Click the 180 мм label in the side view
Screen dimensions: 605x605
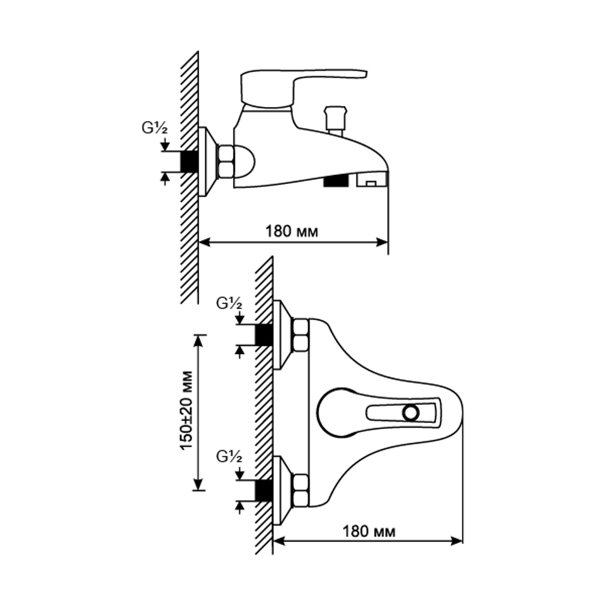click(x=291, y=231)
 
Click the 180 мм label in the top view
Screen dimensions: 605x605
click(x=369, y=532)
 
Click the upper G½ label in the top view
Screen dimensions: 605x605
click(x=229, y=304)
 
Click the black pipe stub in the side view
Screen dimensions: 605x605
click(x=189, y=161)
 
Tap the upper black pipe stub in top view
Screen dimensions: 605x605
click(x=264, y=335)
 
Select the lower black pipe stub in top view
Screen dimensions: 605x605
click(x=264, y=490)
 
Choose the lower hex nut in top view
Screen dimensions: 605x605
click(x=300, y=490)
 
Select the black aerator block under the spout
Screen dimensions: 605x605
click(x=336, y=180)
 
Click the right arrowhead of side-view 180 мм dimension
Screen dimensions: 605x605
click(x=383, y=242)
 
